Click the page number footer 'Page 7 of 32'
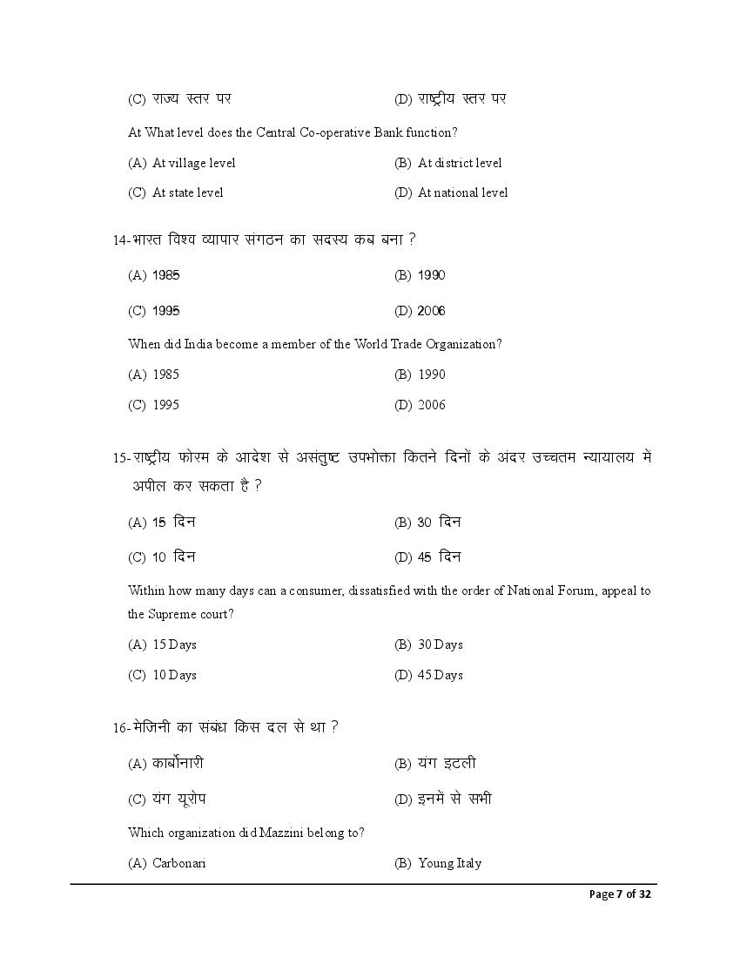click(x=620, y=894)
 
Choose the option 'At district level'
click(x=460, y=163)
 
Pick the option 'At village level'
click(x=193, y=163)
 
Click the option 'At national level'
click(x=462, y=192)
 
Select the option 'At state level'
click(x=187, y=192)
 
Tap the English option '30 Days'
click(x=440, y=644)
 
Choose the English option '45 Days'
click(x=440, y=675)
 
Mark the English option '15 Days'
click(x=174, y=644)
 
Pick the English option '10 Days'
click(x=174, y=675)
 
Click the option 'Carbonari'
click(x=178, y=863)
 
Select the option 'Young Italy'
click(x=449, y=863)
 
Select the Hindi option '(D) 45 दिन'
click(x=427, y=557)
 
